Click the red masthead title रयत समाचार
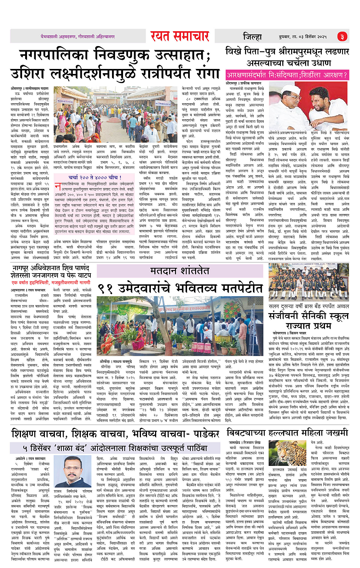(x=180, y=36)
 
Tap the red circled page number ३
(x=342, y=37)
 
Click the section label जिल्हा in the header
(x=253, y=37)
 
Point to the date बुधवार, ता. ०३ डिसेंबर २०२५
(x=303, y=37)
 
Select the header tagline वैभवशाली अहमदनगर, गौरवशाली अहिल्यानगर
(x=78, y=37)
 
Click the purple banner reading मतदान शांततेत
(x=179, y=270)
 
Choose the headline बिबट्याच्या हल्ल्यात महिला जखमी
(x=287, y=432)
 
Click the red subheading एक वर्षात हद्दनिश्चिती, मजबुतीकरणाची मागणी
(x=51, y=282)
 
